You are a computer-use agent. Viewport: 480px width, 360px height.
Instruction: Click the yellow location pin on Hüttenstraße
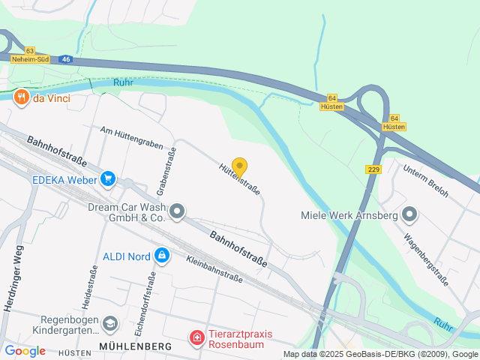pyautogui.click(x=239, y=167)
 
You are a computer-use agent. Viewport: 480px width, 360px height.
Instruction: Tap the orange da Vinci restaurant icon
pyautogui.click(x=21, y=96)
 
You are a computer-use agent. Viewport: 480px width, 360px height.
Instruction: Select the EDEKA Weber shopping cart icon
pyautogui.click(x=109, y=179)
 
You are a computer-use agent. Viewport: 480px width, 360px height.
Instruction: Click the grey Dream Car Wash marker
pyautogui.click(x=177, y=212)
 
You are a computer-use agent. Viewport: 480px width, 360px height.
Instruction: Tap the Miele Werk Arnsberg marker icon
pyautogui.click(x=409, y=215)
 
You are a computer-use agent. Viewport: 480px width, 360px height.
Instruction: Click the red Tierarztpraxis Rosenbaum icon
pyautogui.click(x=196, y=339)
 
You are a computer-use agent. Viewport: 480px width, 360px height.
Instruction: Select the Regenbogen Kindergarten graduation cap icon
pyautogui.click(x=110, y=323)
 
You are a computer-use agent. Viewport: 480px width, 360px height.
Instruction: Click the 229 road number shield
pyautogui.click(x=373, y=169)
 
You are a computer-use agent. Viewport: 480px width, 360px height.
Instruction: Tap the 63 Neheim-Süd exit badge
pyautogui.click(x=29, y=54)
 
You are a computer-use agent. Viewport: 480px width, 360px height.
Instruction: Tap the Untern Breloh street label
pyautogui.click(x=426, y=181)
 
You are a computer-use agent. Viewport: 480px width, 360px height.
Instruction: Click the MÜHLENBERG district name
pyautogui.click(x=134, y=346)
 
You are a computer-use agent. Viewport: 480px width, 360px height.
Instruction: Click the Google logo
pyautogui.click(x=25, y=351)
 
